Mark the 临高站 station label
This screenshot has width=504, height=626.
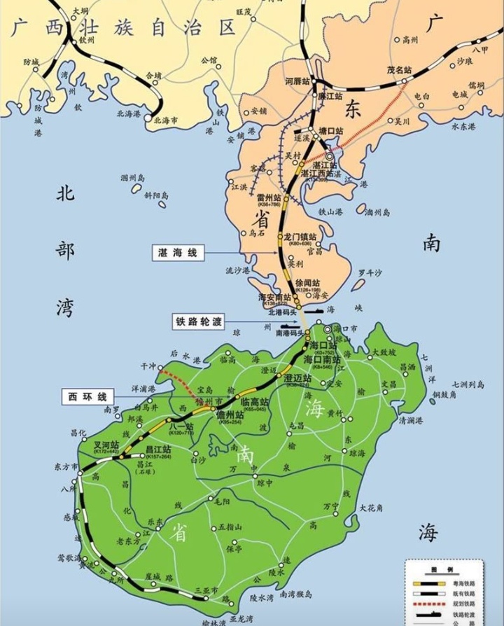pos(253,402)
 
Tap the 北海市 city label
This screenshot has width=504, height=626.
pos(165,120)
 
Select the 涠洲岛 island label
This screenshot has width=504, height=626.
pos(132,178)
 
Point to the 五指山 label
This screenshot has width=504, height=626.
pos(230,527)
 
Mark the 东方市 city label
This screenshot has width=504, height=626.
pos(66,466)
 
